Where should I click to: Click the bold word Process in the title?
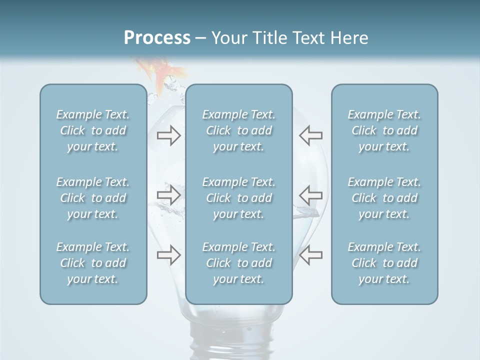click(x=157, y=38)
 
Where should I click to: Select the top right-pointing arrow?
click(x=168, y=135)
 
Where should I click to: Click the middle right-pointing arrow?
click(x=168, y=195)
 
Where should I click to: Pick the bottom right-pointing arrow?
click(x=168, y=255)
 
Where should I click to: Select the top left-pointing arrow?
click(x=311, y=135)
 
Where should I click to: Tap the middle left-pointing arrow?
click(x=311, y=195)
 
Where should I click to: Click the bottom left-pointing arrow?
click(x=311, y=255)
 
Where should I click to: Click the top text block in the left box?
click(x=93, y=130)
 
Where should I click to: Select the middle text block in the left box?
click(x=93, y=198)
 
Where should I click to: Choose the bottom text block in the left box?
click(x=93, y=263)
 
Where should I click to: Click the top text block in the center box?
click(x=238, y=130)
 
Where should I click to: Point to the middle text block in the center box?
click(x=238, y=198)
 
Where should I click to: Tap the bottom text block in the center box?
click(x=238, y=263)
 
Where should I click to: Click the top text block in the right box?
click(x=384, y=130)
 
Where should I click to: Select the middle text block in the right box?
click(x=384, y=198)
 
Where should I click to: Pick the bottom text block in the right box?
click(x=384, y=263)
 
